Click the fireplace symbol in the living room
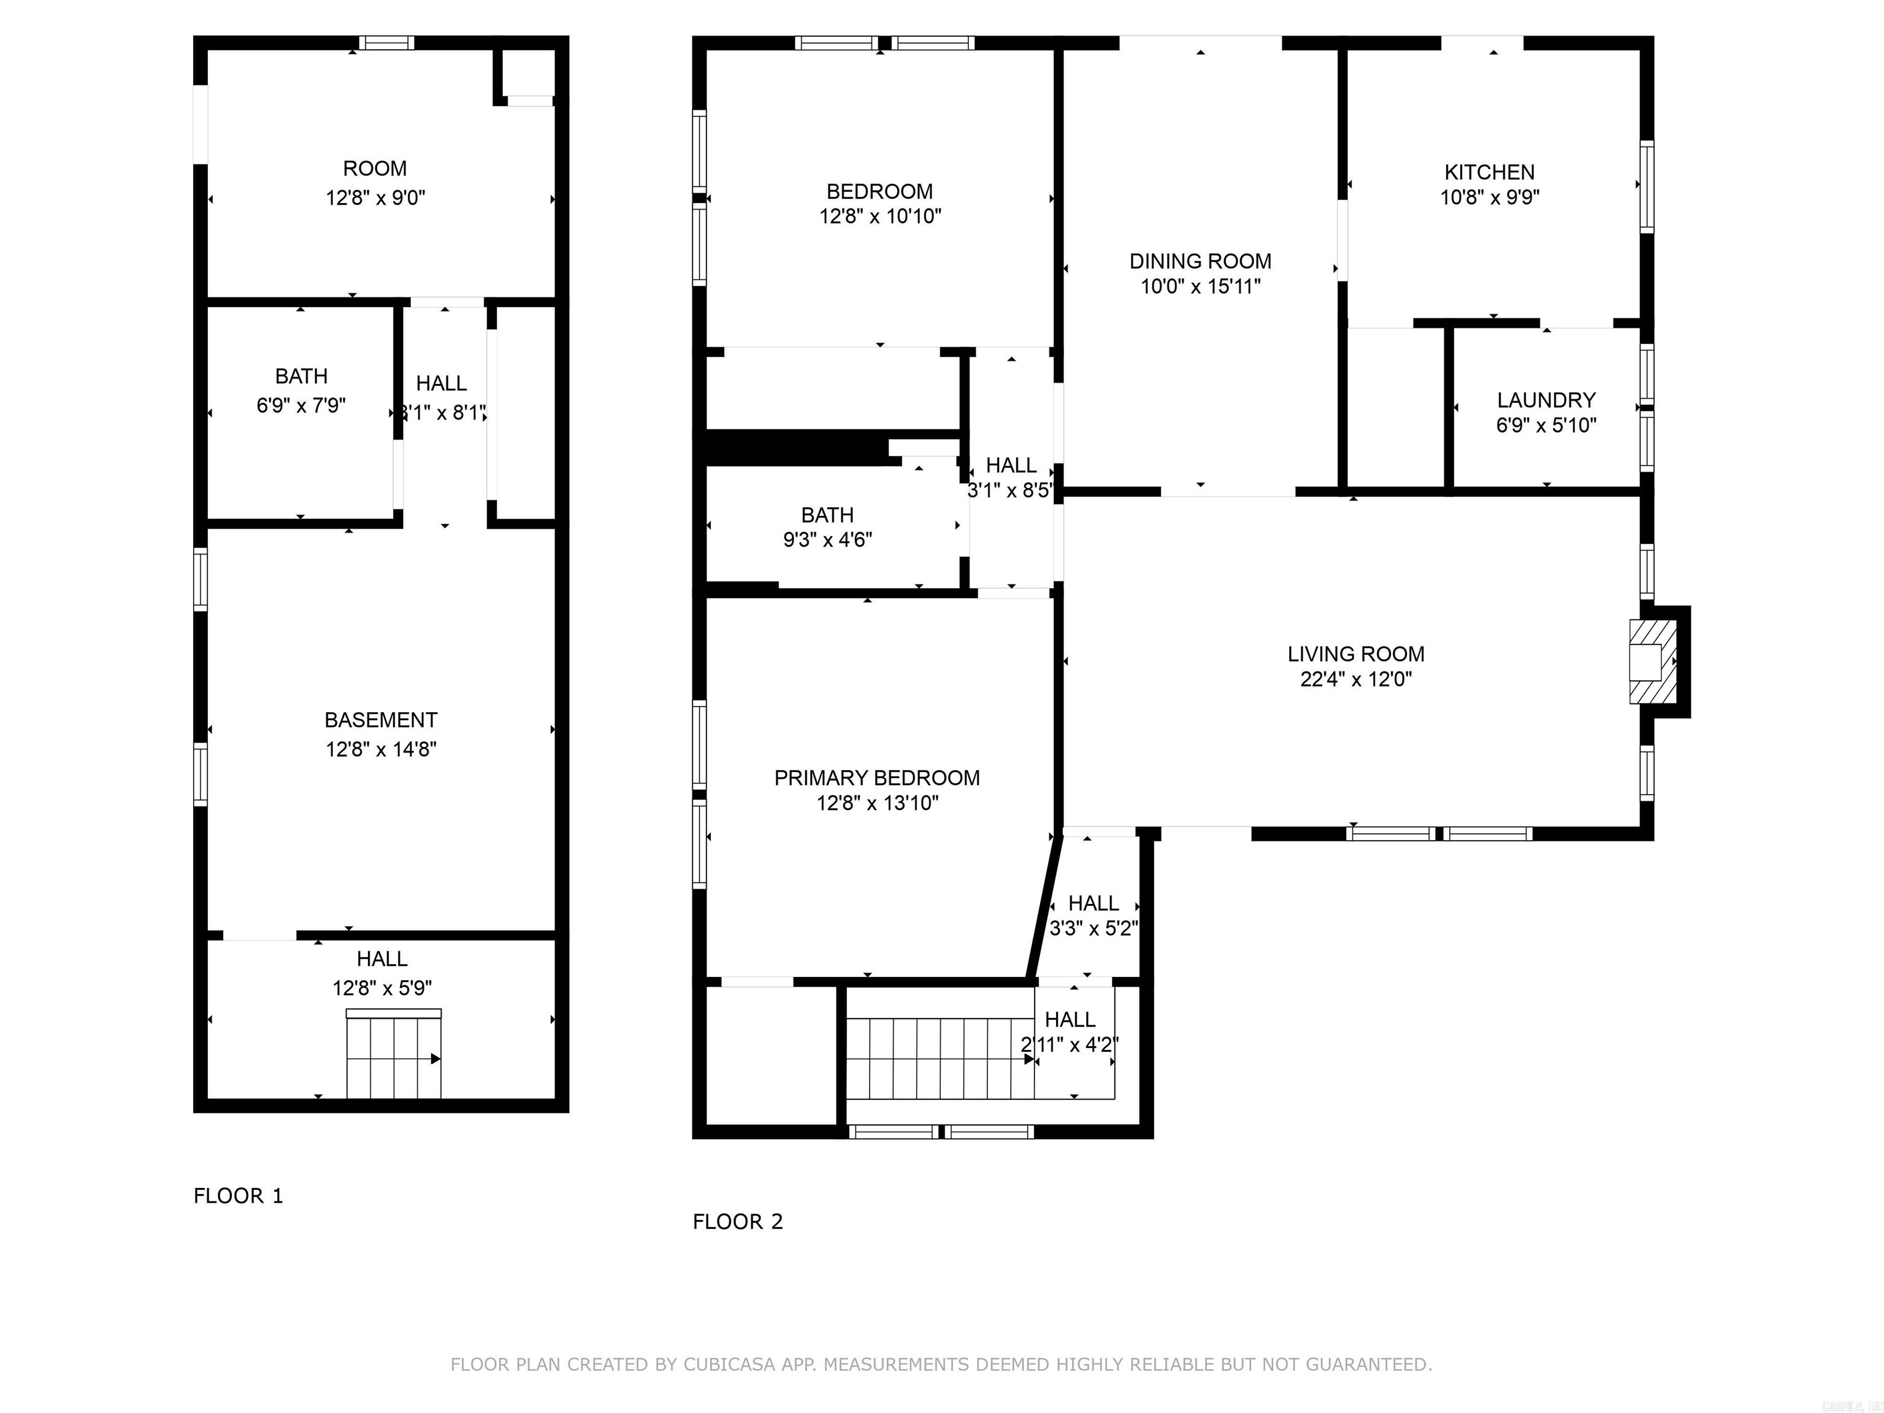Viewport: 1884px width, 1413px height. coord(1652,661)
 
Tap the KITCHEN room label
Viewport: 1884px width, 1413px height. coord(1489,172)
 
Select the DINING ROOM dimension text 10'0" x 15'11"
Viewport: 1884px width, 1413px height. coord(1200,286)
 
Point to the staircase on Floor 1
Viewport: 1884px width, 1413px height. coord(394,1056)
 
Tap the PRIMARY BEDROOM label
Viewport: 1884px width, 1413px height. coord(876,778)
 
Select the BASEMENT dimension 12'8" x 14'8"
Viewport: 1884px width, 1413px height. coord(381,749)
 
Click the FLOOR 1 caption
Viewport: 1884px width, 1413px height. coord(237,1196)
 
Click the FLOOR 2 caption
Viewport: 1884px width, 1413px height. coord(738,1222)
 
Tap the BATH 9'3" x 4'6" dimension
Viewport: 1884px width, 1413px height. coord(827,539)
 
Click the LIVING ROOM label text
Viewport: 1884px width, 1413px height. coord(1355,654)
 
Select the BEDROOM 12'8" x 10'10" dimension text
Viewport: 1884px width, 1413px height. coord(880,216)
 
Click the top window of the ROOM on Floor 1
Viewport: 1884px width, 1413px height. coord(386,42)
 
